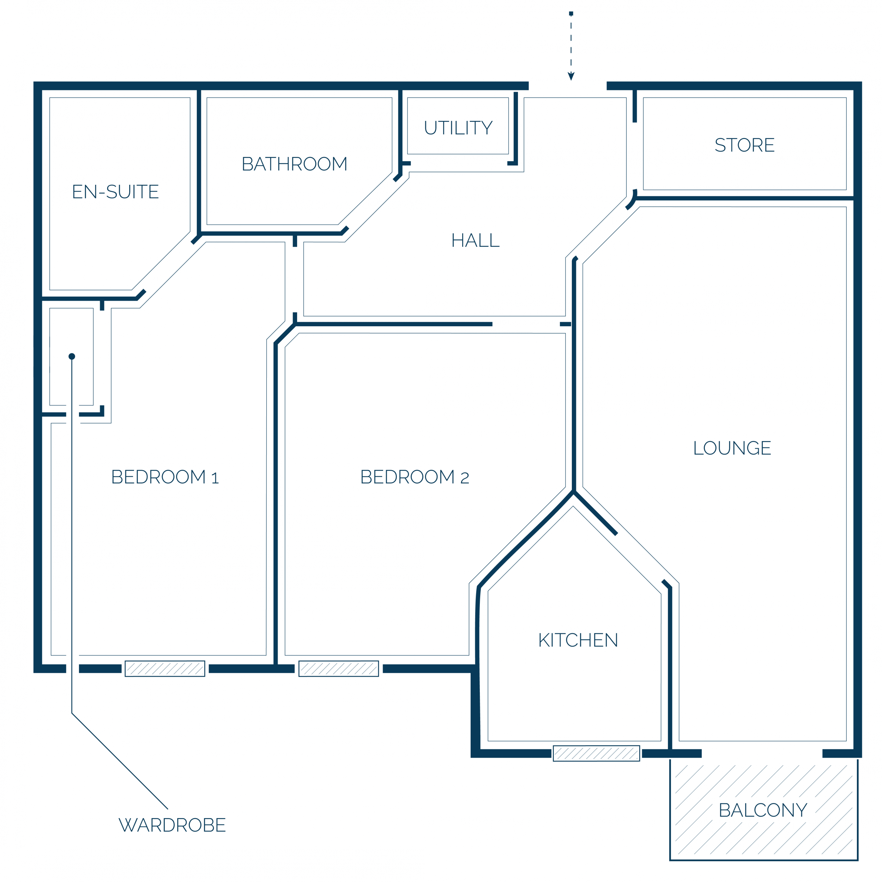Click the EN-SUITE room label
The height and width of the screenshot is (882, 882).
(x=116, y=192)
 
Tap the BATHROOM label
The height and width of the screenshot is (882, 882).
(x=295, y=164)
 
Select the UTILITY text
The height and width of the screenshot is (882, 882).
(x=458, y=128)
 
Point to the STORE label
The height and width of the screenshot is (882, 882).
(x=744, y=145)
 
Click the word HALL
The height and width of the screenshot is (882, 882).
(x=476, y=241)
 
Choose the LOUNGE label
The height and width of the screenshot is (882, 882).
(x=732, y=448)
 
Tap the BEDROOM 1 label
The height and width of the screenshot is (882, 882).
(x=165, y=477)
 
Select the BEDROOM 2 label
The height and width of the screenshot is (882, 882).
(x=415, y=477)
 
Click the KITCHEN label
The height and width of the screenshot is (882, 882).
(x=578, y=640)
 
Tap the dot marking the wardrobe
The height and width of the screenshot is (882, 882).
(x=72, y=357)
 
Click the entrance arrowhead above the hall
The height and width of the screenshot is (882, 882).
(x=571, y=76)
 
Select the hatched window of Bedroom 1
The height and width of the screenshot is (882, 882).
(x=165, y=669)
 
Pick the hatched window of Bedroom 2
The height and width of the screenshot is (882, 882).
(x=338, y=669)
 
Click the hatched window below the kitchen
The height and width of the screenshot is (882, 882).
(x=596, y=753)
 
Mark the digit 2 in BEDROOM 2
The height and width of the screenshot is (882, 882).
(x=465, y=478)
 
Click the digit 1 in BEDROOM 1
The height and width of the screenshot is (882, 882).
(x=216, y=478)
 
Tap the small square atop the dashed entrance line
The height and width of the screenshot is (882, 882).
(x=571, y=14)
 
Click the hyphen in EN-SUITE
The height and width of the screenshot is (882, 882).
(x=102, y=193)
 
